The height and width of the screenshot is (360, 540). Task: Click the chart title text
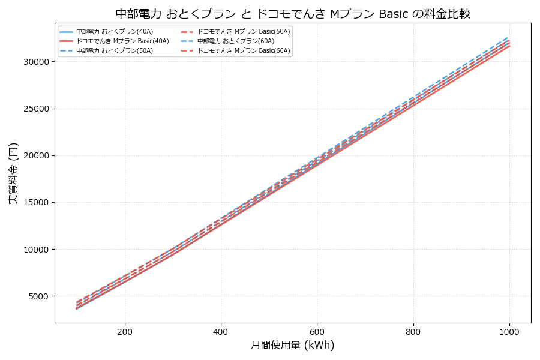tap(293, 14)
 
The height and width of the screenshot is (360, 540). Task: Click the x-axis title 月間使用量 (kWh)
tap(292, 345)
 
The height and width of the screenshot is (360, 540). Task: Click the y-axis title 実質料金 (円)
tap(14, 173)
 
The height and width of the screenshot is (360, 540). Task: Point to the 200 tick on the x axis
tap(125, 331)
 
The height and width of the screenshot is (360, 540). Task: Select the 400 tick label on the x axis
tap(221, 331)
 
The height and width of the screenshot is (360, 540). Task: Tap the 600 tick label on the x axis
tap(317, 331)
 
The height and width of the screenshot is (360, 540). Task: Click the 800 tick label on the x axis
tap(413, 331)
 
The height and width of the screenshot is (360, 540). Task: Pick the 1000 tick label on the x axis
tap(509, 331)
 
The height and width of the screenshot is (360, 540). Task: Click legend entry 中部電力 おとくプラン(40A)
tap(108, 31)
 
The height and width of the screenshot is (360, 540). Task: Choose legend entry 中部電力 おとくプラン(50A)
tap(108, 51)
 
